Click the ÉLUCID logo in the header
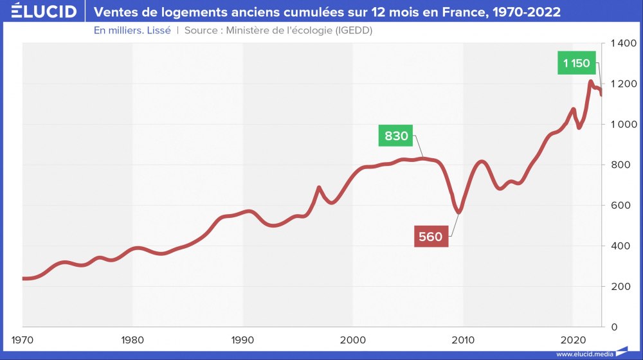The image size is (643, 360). point(40,12)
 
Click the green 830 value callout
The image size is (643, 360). point(396,136)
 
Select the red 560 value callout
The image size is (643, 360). point(430,237)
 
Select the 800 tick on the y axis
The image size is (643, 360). point(619,165)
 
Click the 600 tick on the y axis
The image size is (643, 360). point(619,206)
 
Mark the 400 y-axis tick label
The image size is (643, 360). point(619,246)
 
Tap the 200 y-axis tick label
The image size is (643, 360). point(619,287)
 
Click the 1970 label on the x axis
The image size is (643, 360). point(23,339)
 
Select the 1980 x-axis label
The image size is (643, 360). point(132,339)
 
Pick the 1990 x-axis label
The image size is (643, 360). point(242,339)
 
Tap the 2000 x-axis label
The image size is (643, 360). point(352,339)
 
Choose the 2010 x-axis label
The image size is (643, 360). point(462,339)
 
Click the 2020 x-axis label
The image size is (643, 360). point(572,339)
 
